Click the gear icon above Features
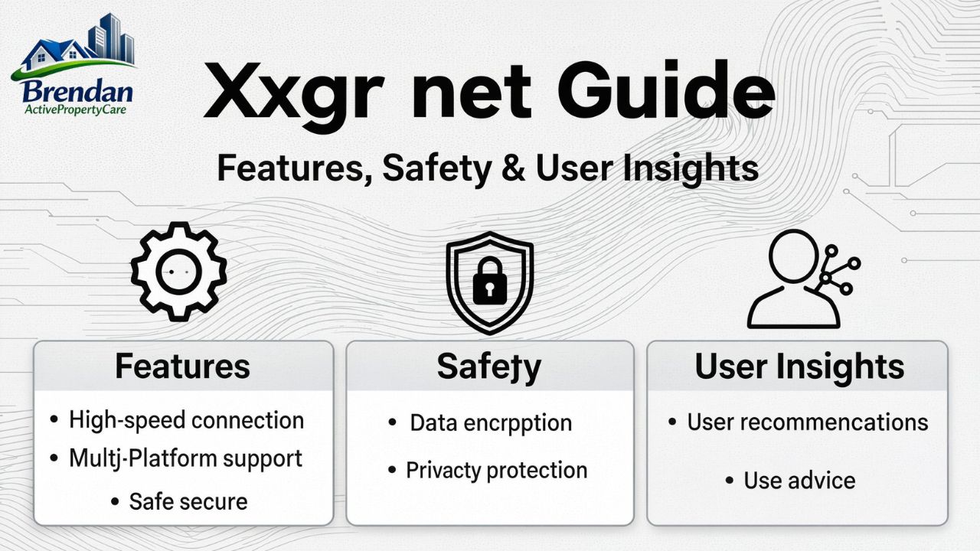point(178,271)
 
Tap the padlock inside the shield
point(489,281)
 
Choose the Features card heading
point(182,367)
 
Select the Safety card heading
point(489,367)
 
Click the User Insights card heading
point(799,367)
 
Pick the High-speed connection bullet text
point(186,420)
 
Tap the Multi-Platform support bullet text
point(185,458)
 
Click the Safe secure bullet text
point(188,502)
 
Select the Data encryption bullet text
point(491,422)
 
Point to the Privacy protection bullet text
point(496,470)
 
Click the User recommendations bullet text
point(807,422)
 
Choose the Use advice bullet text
point(799,481)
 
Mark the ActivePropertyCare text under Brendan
point(74,110)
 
